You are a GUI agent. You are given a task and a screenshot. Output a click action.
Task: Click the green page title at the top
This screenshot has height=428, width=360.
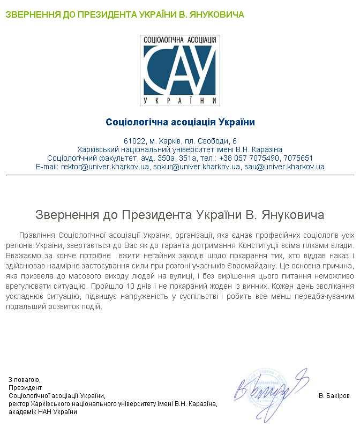(x=125, y=14)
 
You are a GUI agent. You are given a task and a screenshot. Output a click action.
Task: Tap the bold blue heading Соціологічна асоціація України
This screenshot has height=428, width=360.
(x=180, y=122)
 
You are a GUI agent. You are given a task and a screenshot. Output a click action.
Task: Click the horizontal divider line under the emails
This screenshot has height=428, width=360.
(x=180, y=175)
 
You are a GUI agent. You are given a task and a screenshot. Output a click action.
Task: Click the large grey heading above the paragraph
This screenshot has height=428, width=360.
(x=180, y=215)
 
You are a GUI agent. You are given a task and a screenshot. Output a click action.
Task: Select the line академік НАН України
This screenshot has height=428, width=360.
(x=43, y=412)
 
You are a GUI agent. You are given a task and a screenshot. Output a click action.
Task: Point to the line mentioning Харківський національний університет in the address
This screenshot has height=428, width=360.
(x=180, y=149)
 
